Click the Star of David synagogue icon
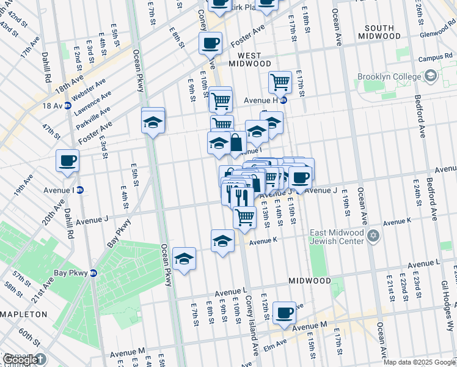coord(370,235)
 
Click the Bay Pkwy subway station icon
coord(93,273)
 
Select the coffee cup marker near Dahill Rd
coord(67,161)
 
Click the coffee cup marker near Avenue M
coord(284,314)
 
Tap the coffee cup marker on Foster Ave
coord(210,43)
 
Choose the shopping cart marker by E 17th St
coord(280,81)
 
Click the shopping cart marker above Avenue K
coord(244,217)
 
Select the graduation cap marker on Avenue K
coord(222,241)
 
